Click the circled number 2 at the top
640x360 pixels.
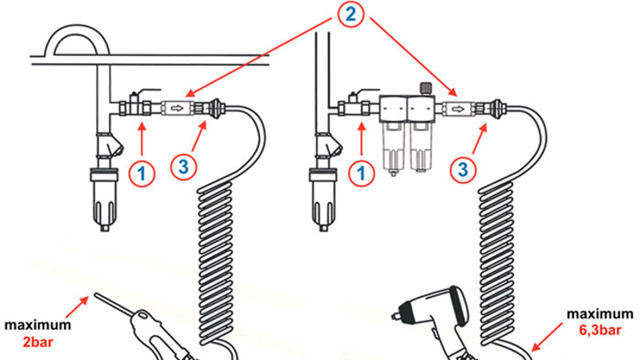pos(350,14)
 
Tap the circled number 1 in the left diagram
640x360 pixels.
pos(142,174)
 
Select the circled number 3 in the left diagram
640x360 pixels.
pos(184,166)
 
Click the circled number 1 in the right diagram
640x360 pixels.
pos(362,173)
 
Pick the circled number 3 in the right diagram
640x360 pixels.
pos(463,169)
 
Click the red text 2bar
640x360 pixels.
pos(38,342)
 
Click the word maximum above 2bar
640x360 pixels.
pos(38,325)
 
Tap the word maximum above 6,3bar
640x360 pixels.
pos(600,314)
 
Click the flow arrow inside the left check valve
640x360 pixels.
pos(177,109)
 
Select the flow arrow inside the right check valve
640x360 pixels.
pos(458,109)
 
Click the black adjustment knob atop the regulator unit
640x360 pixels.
pos(426,88)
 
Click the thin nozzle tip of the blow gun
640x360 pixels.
pos(95,294)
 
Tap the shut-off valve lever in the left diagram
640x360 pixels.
pos(148,90)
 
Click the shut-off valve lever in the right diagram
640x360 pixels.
pos(367,91)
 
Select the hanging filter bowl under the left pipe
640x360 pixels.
pos(105,200)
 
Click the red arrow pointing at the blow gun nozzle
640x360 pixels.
pos(77,306)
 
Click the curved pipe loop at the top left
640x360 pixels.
pos(77,29)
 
